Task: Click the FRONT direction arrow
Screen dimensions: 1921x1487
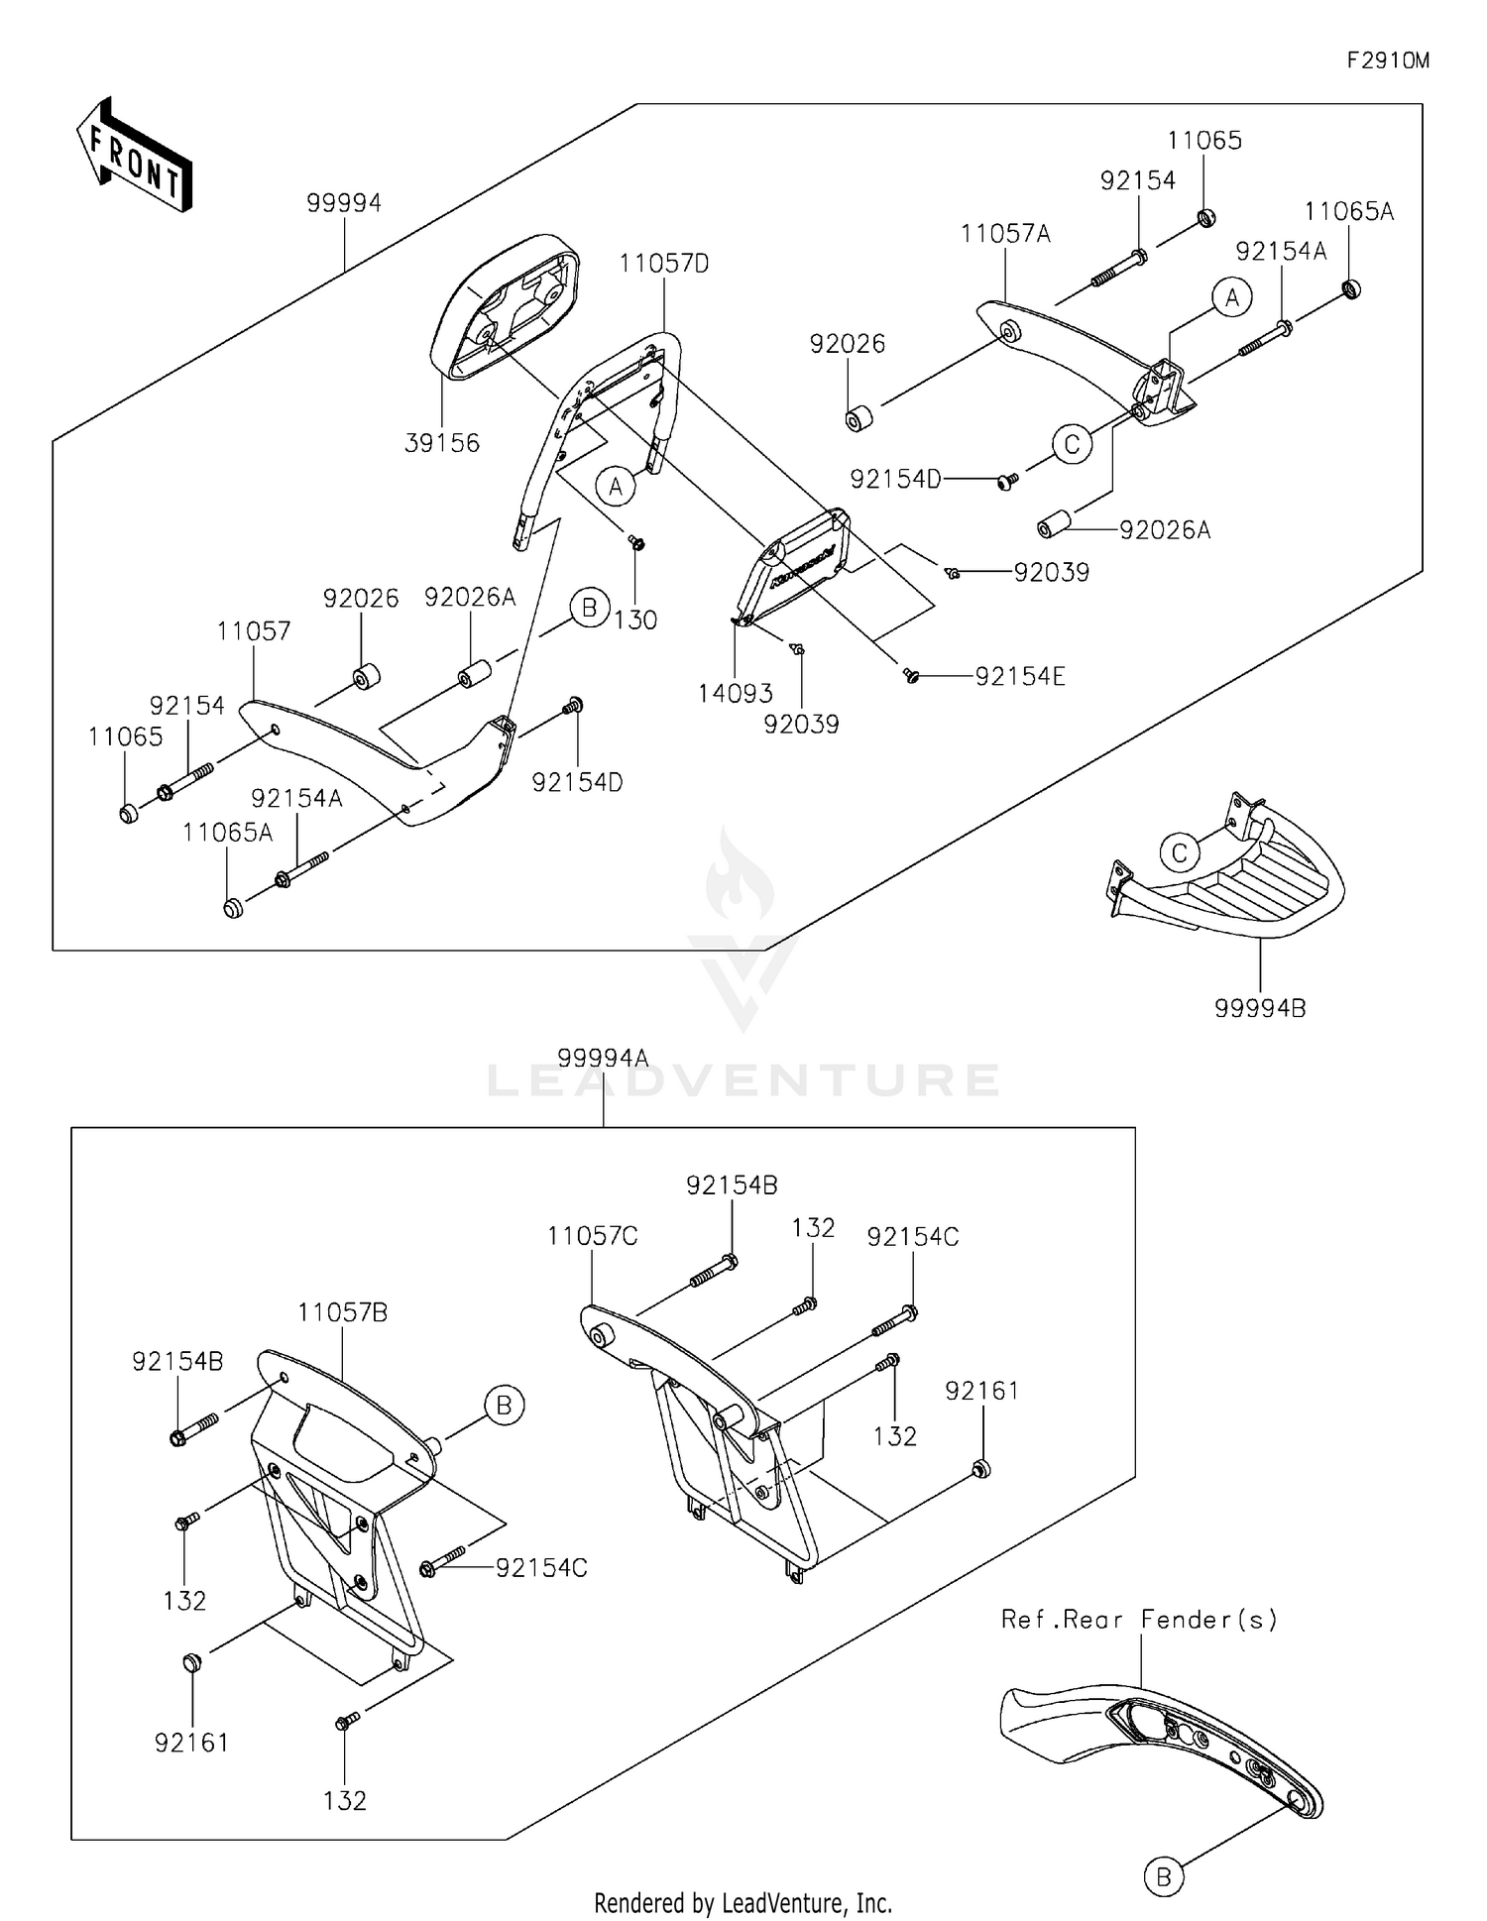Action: [x=134, y=157]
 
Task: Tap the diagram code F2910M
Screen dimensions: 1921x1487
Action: [x=1387, y=60]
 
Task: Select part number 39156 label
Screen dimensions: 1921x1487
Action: [x=442, y=443]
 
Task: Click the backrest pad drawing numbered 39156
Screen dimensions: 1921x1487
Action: [x=504, y=306]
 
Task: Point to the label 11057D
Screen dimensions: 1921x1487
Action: [x=664, y=264]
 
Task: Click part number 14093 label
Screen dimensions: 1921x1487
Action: [x=735, y=694]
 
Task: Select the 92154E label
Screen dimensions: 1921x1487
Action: [x=1020, y=676]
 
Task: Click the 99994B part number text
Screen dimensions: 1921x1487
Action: [x=1260, y=1008]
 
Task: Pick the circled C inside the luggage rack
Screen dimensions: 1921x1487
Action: [x=1180, y=852]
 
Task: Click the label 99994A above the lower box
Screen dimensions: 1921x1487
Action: [x=603, y=1058]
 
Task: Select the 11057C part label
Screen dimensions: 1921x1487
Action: [x=592, y=1236]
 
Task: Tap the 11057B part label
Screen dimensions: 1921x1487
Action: [x=343, y=1312]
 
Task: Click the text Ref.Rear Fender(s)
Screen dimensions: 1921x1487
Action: [x=1139, y=1619]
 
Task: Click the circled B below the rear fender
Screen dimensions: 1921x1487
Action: [x=1164, y=1876]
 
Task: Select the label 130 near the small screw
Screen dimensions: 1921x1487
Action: [x=635, y=620]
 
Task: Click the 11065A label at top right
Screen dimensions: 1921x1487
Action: [x=1348, y=211]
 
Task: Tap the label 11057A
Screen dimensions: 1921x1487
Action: [x=1005, y=234]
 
